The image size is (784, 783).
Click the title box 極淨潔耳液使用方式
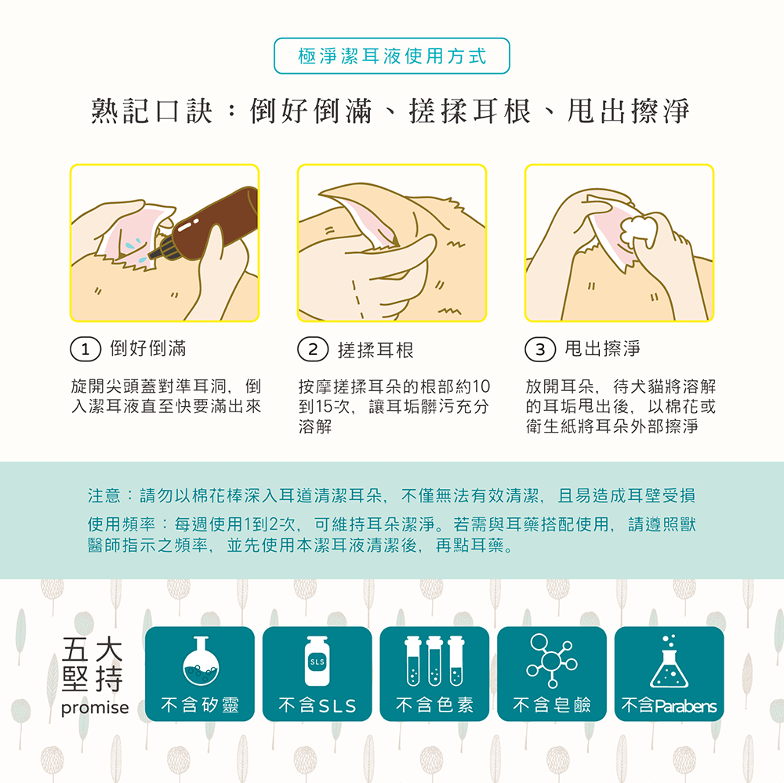pos(392,56)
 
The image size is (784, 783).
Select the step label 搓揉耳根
pos(375,350)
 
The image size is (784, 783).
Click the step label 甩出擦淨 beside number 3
pos(601,349)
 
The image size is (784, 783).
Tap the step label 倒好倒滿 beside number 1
pos(147,349)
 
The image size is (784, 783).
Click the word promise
pos(94,708)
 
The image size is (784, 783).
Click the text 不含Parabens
pos(669,706)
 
